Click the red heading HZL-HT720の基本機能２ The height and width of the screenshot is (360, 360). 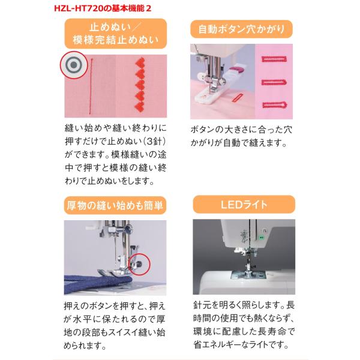(x=103, y=8)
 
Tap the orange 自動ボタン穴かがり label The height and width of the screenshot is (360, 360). (x=242, y=29)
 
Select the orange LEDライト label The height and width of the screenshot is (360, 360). (x=244, y=205)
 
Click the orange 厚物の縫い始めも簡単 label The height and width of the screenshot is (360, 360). (x=115, y=205)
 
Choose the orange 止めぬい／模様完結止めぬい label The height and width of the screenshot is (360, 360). (x=116, y=34)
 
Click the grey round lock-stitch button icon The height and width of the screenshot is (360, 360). (x=74, y=65)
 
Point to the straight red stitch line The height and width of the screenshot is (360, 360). (x=91, y=86)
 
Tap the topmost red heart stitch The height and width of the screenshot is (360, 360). (x=140, y=62)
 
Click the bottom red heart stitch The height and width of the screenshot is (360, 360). (x=140, y=106)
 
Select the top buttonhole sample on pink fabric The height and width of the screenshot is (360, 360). (x=274, y=59)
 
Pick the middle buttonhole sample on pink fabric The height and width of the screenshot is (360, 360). (x=274, y=82)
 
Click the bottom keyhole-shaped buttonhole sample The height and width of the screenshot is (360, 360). (x=275, y=105)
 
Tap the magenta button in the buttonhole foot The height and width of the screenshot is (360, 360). (x=235, y=69)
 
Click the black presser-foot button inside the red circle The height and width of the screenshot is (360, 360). (x=139, y=264)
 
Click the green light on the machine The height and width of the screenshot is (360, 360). (x=261, y=238)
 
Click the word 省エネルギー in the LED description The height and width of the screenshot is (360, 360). (x=218, y=345)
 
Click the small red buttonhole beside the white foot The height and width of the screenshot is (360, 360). (x=236, y=98)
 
